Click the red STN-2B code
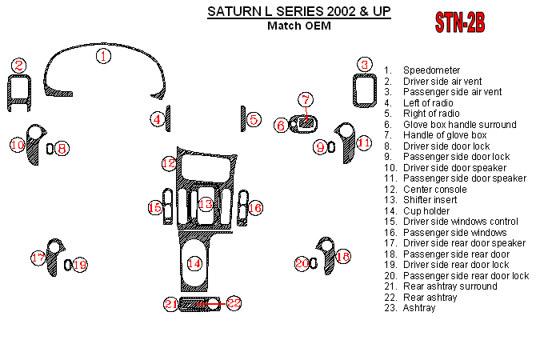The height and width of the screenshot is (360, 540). [459, 23]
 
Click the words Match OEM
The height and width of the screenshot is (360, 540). [298, 26]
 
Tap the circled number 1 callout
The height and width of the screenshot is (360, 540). [104, 56]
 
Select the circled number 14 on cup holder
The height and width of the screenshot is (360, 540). [194, 262]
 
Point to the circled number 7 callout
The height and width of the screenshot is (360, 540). [306, 100]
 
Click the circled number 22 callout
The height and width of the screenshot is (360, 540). [233, 303]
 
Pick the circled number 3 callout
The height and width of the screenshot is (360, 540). [364, 65]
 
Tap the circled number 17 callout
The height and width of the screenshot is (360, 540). [38, 258]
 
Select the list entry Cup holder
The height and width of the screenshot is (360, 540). [426, 210]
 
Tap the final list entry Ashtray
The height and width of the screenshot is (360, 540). [419, 308]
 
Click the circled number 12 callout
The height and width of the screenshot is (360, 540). [169, 163]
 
